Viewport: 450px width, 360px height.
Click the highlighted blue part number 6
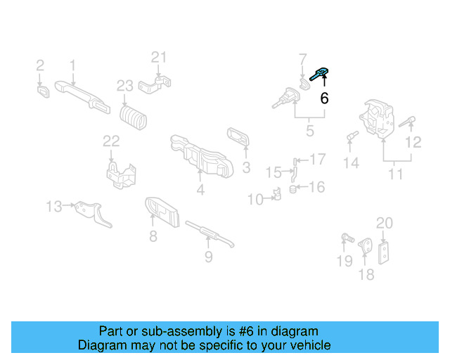(318, 72)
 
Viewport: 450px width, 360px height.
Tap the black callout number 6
(324, 98)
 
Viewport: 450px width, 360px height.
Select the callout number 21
(160, 58)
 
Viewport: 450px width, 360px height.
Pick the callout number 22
(112, 141)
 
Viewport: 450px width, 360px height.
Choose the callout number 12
(413, 142)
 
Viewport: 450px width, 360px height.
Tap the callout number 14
(351, 163)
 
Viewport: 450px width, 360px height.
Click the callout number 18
(367, 274)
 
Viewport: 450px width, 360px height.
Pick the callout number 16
(317, 187)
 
